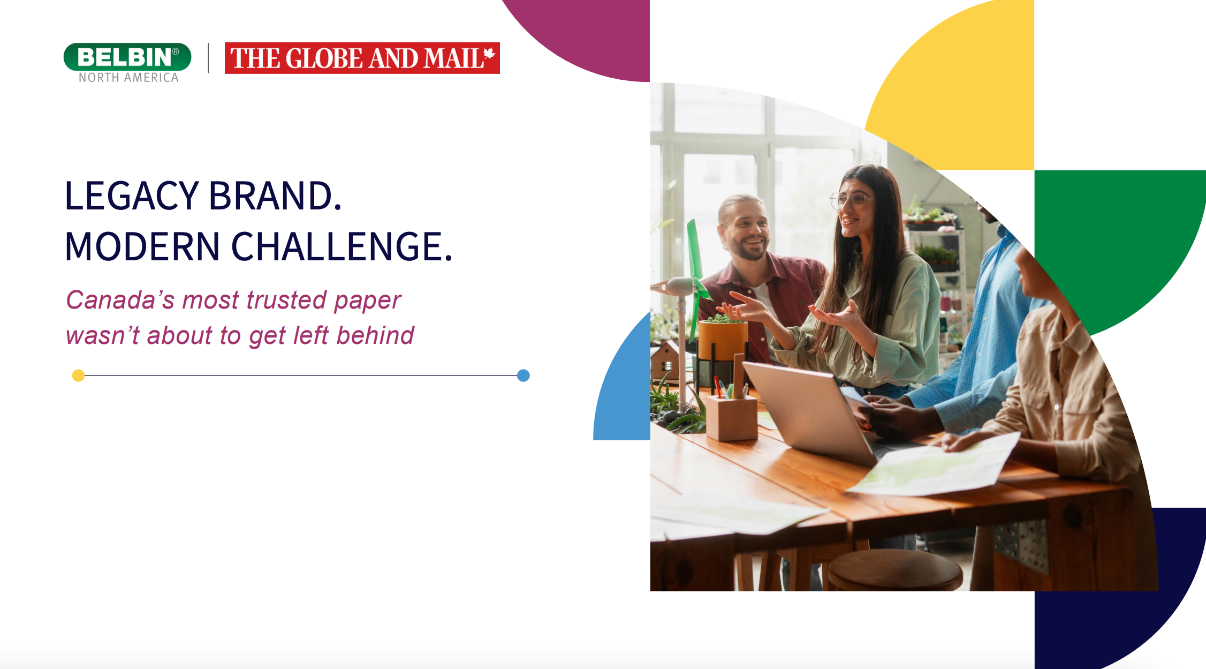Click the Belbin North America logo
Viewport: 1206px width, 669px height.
tap(127, 63)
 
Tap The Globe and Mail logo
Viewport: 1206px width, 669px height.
tap(362, 58)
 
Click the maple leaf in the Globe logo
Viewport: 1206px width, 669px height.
tap(489, 54)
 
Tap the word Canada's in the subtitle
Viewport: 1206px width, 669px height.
tap(120, 299)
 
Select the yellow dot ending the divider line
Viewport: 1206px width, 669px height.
tap(78, 375)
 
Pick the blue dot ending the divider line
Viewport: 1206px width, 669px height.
tap(524, 375)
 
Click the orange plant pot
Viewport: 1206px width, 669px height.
tap(723, 341)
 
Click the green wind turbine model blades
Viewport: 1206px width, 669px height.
tap(697, 279)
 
